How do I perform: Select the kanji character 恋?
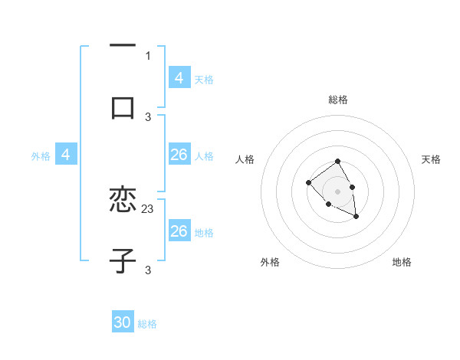pos(123,200)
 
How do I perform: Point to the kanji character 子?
pos(123,260)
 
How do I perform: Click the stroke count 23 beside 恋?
pos(148,208)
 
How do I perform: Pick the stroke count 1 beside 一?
pos(148,55)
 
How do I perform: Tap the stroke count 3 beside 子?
pos(148,270)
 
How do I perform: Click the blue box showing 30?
pos(123,323)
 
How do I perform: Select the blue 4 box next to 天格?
pos(179,78)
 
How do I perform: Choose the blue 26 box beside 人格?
pos(179,155)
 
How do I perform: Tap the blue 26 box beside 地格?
pos(179,231)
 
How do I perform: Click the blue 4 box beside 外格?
pos(65,155)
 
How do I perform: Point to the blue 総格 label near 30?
pos(147,324)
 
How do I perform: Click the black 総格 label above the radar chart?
pos(338,100)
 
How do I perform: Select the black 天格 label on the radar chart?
pos(431,159)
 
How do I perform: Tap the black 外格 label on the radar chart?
pos(270,262)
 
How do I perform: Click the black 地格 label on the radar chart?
pos(402,262)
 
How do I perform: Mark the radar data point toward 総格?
pos(337,162)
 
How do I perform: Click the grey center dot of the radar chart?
pos(337,191)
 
